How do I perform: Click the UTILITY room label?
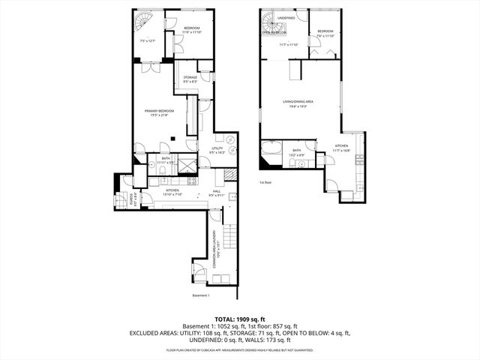(219, 148)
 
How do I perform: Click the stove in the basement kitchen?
(190, 181)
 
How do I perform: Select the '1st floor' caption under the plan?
(265, 182)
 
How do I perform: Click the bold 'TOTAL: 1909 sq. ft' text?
(239, 319)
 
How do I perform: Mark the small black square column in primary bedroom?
(172, 137)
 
